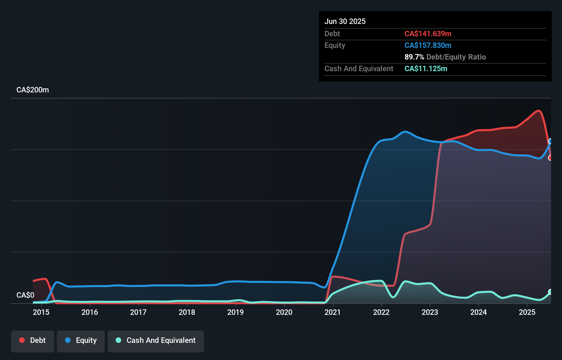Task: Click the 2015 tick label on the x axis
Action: (41, 312)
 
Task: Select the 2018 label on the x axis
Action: (187, 312)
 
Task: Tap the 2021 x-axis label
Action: (333, 312)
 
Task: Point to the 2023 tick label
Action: (430, 312)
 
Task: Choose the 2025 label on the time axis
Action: (527, 312)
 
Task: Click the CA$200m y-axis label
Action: (33, 90)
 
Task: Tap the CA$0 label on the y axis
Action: (25, 295)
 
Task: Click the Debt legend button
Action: (33, 340)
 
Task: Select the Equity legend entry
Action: (81, 340)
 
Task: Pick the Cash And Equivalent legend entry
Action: (156, 340)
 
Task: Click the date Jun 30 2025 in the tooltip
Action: (345, 21)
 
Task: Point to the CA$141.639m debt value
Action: (428, 34)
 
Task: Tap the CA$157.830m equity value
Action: (428, 45)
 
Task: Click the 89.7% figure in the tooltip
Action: (414, 57)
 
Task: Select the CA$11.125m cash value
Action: (426, 68)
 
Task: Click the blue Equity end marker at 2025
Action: (550, 141)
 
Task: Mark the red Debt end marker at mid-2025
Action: (550, 158)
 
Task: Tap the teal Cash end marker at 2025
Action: (550, 292)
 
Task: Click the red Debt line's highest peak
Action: (539, 111)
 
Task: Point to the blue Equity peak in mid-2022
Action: (405, 131)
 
